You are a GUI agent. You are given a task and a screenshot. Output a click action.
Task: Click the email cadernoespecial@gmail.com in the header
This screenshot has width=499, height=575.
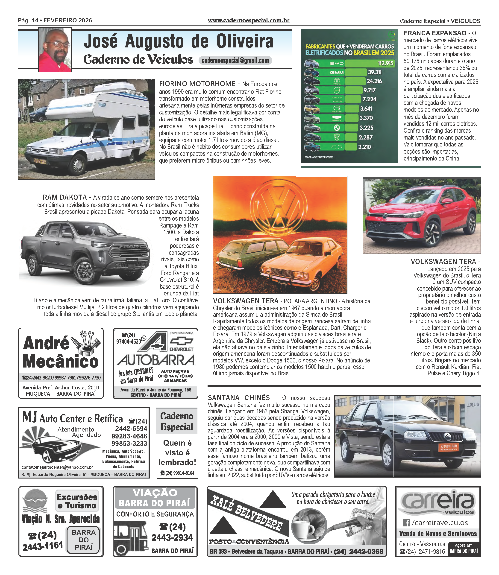coord(235,60)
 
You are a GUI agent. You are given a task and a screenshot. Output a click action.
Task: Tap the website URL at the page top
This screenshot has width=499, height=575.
coord(248,20)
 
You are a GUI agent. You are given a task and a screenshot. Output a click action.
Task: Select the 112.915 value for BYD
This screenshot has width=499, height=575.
coord(385,63)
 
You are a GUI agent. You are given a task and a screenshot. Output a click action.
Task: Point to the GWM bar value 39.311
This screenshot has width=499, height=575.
coord(375,72)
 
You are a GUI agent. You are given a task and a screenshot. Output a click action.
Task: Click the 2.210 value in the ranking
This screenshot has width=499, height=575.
coord(364,147)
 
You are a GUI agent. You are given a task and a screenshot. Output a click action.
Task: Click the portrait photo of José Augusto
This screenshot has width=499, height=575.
coord(55,49)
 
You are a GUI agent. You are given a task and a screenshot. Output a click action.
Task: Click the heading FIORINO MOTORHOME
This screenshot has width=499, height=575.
coord(197,84)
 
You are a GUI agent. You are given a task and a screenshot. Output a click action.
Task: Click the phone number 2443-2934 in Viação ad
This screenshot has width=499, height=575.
coord(172,537)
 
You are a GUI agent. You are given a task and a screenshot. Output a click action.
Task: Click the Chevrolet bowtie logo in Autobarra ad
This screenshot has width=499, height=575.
coord(181,341)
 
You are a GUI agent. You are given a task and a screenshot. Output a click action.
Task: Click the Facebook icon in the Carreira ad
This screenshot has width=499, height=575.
coord(406,523)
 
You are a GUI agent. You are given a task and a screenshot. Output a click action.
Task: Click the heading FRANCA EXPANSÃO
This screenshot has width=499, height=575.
coord(435,33)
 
